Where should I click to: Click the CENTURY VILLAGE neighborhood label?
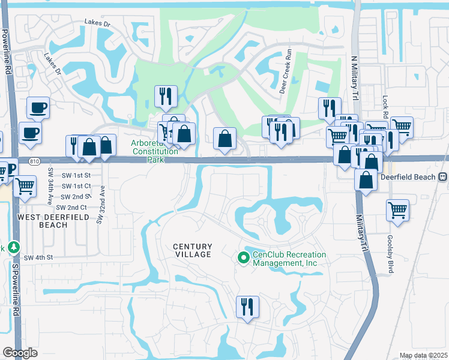pos(193,250)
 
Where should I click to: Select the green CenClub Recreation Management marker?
pos(243,258)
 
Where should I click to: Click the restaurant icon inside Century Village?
pos(247,307)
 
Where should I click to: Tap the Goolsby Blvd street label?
pos(390,254)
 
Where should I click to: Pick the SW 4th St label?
pos(39,257)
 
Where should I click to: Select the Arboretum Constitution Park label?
pos(155,148)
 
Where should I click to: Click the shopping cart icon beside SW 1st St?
pos(24,187)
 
